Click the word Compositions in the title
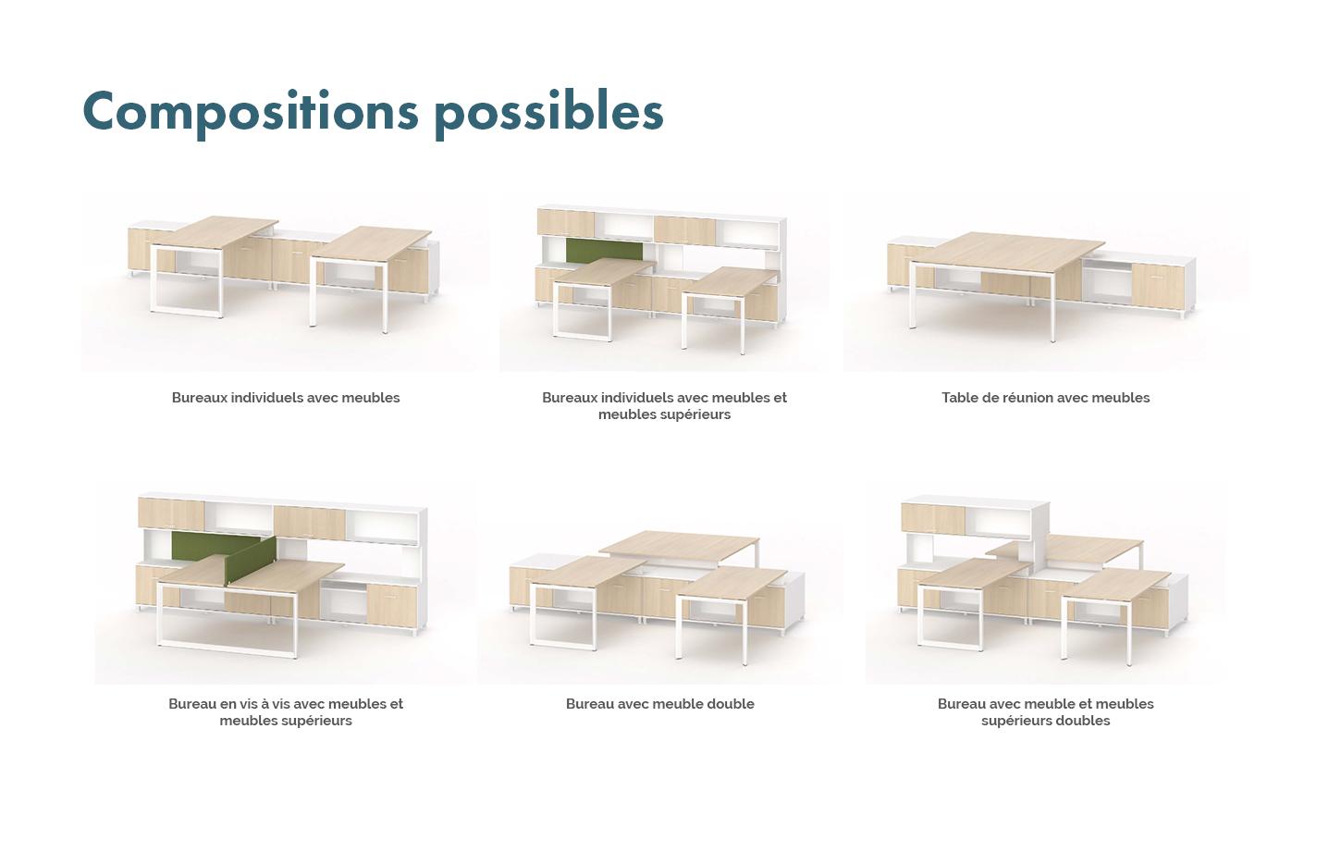click(x=251, y=112)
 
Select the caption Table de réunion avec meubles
click(x=1045, y=398)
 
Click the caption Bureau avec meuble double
click(x=659, y=704)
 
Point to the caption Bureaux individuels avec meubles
click(x=286, y=398)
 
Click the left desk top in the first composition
click(x=214, y=233)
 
